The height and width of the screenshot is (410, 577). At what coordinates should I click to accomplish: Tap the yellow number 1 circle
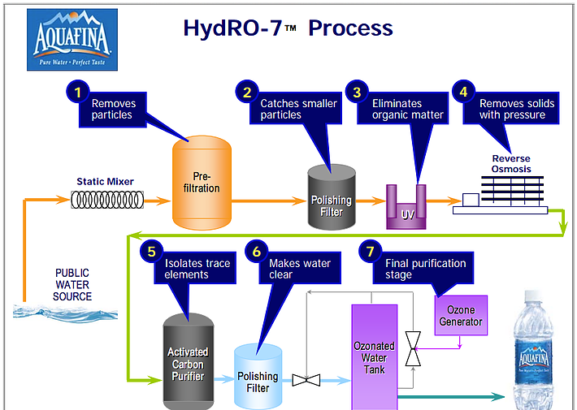(77, 92)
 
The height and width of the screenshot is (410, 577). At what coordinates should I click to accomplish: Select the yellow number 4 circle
(463, 92)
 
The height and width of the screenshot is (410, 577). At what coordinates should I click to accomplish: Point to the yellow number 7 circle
(370, 252)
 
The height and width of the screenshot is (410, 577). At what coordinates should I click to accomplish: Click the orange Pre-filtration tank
(202, 183)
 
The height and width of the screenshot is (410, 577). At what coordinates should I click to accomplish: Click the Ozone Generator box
(460, 316)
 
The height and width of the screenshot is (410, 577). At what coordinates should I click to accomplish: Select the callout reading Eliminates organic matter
(408, 109)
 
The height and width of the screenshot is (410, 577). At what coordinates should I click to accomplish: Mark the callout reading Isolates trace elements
(197, 269)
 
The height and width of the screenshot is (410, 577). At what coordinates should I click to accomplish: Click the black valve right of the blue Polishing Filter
(306, 379)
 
